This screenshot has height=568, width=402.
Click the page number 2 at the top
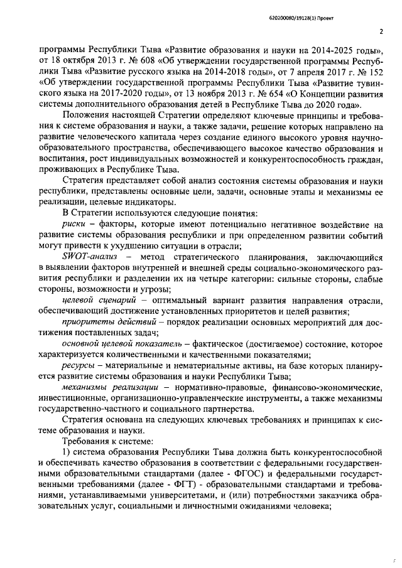click(381, 31)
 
